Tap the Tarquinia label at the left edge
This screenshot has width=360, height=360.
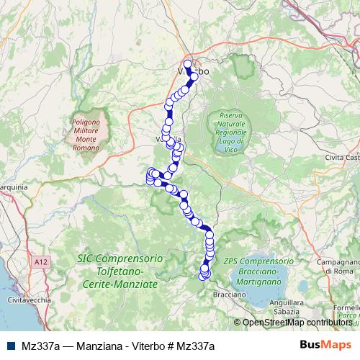coord(13,187)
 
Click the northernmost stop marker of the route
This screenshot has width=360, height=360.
coord(188,64)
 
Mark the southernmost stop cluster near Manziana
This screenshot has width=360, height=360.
coord(204,274)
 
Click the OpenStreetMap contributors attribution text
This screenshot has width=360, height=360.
coord(296,322)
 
